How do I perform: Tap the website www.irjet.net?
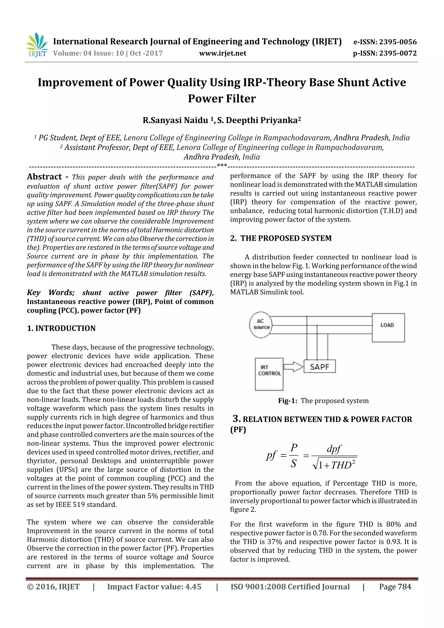[222, 53]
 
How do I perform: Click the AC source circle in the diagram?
[261, 325]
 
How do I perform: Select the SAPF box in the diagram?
[319, 367]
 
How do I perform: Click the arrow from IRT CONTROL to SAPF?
[293, 367]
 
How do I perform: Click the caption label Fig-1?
[287, 401]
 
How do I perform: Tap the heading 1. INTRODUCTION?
[61, 328]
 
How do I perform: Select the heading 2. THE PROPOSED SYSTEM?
[281, 238]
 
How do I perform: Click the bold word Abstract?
[44, 177]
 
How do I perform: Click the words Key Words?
[51, 293]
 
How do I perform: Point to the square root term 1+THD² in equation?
[335, 465]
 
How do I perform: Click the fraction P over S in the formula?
[294, 456]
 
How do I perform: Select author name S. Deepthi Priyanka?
[259, 120]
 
